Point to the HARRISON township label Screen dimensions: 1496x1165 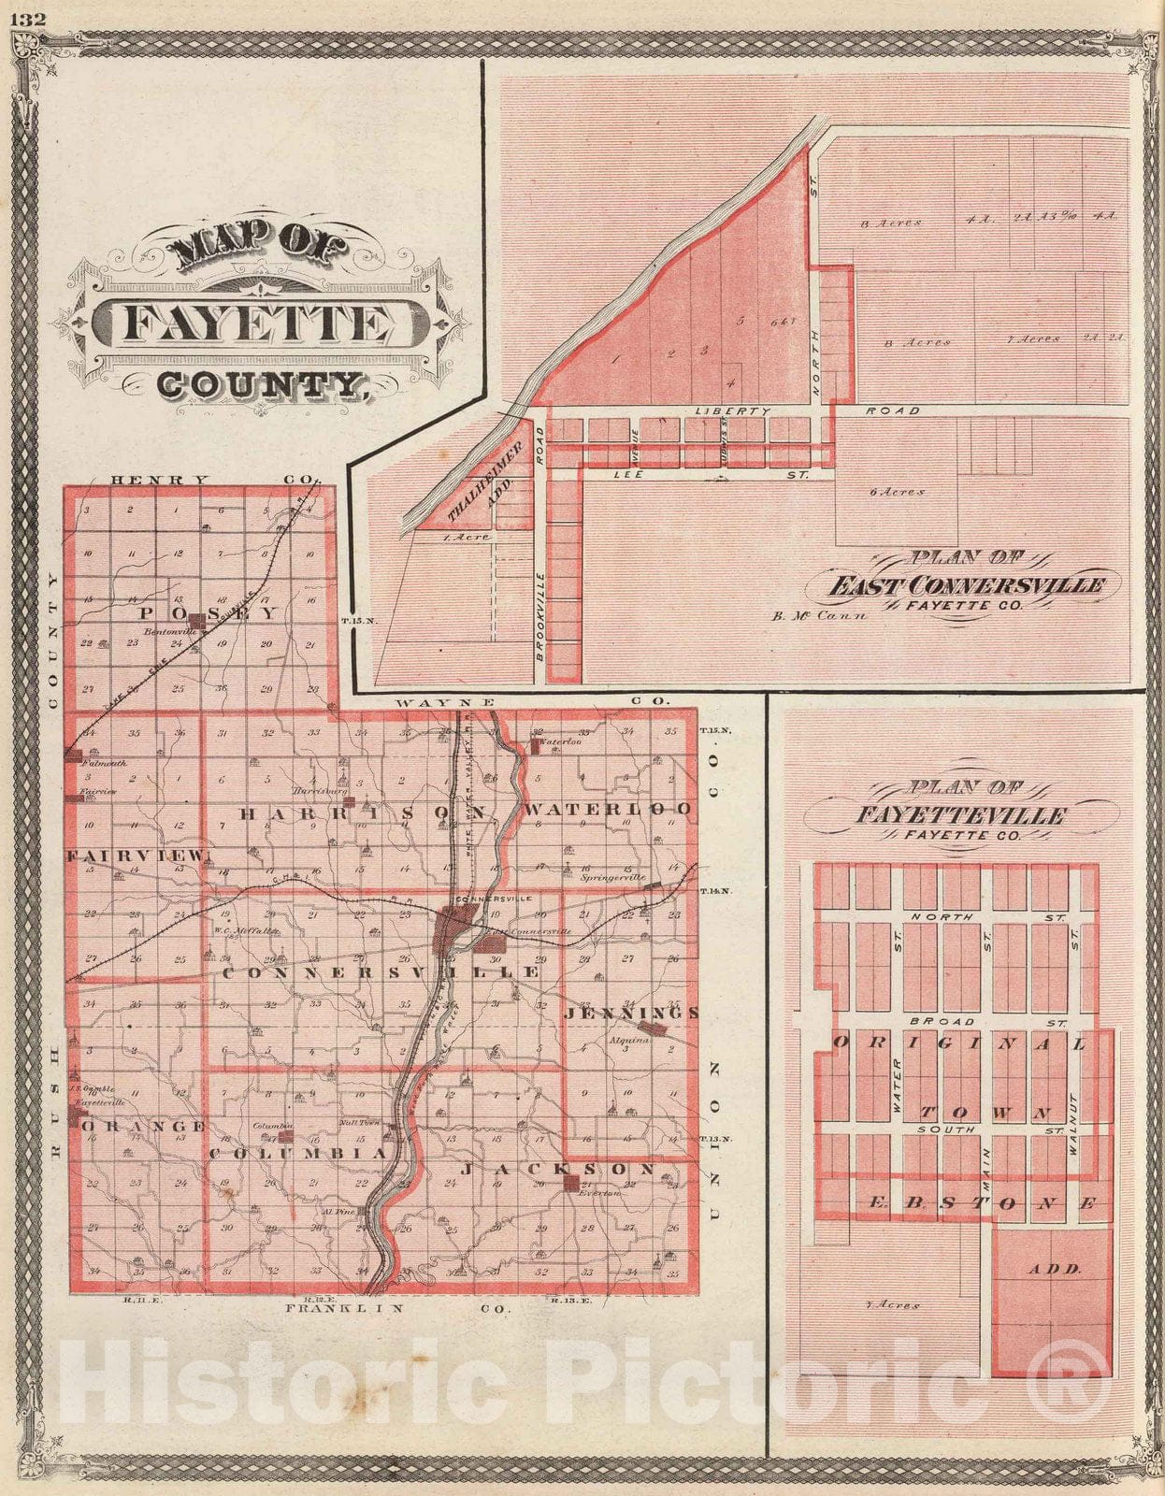363,813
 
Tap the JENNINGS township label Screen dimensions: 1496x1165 631,1013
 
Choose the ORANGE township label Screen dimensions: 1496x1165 144,1127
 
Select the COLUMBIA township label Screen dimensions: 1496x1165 297,1155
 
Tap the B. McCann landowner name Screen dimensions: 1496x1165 820,615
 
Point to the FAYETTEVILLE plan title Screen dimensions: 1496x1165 960,815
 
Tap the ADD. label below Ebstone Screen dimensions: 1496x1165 1054,1270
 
